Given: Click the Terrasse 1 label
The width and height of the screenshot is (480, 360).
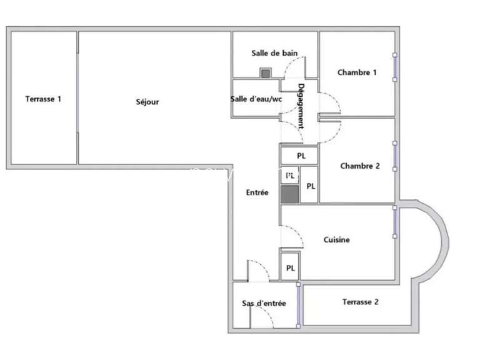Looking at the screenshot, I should [43, 99].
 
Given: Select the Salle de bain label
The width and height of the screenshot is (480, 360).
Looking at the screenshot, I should [274, 54].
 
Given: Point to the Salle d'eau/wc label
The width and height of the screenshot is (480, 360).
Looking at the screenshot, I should [256, 98].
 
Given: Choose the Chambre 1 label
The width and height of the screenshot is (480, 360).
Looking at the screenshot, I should [357, 72].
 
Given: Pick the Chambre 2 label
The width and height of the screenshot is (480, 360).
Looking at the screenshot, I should [360, 166].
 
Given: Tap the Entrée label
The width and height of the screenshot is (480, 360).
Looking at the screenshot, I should [257, 192].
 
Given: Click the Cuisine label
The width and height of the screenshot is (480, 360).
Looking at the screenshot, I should [336, 239].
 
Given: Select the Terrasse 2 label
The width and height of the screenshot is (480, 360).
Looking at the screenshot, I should [361, 302].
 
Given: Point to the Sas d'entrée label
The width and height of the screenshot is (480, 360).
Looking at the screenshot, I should [264, 303].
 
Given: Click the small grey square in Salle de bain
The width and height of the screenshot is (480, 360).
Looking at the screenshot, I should [266, 73].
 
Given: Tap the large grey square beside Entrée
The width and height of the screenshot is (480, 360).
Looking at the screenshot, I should [289, 193].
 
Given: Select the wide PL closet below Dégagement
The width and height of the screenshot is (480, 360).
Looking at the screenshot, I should [301, 156].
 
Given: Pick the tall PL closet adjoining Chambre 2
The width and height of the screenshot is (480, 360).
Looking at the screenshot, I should [310, 186].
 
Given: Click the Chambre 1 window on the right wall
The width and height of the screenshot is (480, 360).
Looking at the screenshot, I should [394, 67].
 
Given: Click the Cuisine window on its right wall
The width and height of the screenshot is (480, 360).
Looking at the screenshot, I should [394, 222].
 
